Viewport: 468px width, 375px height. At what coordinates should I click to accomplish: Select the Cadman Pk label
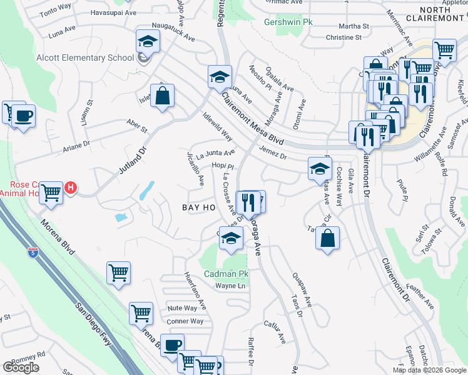click(x=226, y=274)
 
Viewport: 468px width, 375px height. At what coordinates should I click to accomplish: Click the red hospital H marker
click(x=71, y=187)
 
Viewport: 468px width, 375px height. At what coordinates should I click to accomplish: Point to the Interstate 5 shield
click(x=33, y=252)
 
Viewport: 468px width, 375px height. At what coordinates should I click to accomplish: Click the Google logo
click(x=21, y=367)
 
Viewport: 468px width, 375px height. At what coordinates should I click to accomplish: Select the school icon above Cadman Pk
click(x=231, y=238)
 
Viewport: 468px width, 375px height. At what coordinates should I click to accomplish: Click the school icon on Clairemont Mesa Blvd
click(x=220, y=77)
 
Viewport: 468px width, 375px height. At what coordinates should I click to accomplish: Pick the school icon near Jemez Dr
click(x=319, y=167)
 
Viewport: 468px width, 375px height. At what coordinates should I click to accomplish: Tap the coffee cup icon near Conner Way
click(x=172, y=345)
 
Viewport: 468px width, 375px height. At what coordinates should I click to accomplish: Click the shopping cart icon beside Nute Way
click(x=141, y=312)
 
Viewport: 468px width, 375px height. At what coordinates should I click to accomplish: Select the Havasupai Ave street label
click(x=113, y=12)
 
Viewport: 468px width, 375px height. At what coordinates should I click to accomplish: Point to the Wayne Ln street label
click(x=229, y=286)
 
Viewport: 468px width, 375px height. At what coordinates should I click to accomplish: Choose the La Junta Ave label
click(x=215, y=153)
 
